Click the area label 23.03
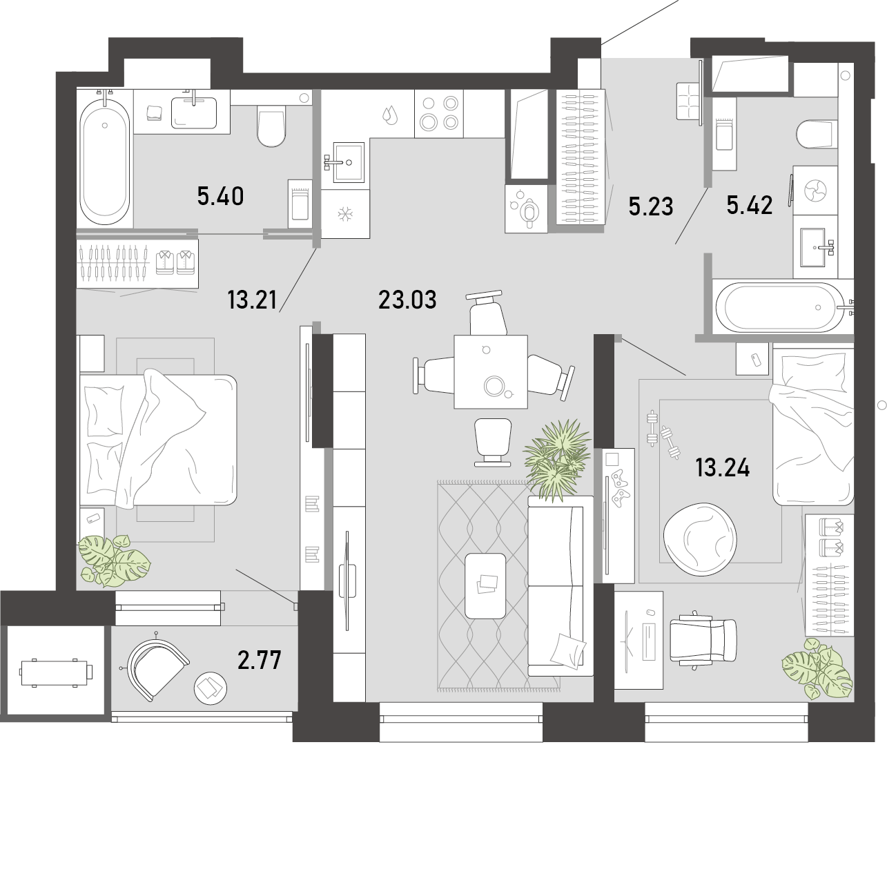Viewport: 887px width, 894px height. [x=407, y=300]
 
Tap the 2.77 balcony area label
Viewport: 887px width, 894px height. [x=260, y=661]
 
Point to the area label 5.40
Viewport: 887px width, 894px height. [x=220, y=196]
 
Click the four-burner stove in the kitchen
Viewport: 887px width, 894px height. [x=438, y=114]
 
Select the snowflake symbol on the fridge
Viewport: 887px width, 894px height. [x=345, y=214]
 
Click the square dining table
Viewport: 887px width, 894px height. [x=491, y=371]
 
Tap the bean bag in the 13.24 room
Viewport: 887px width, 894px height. [x=700, y=540]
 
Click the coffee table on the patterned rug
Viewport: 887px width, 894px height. [x=485, y=585]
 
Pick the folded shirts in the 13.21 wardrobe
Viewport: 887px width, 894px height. [x=175, y=262]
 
